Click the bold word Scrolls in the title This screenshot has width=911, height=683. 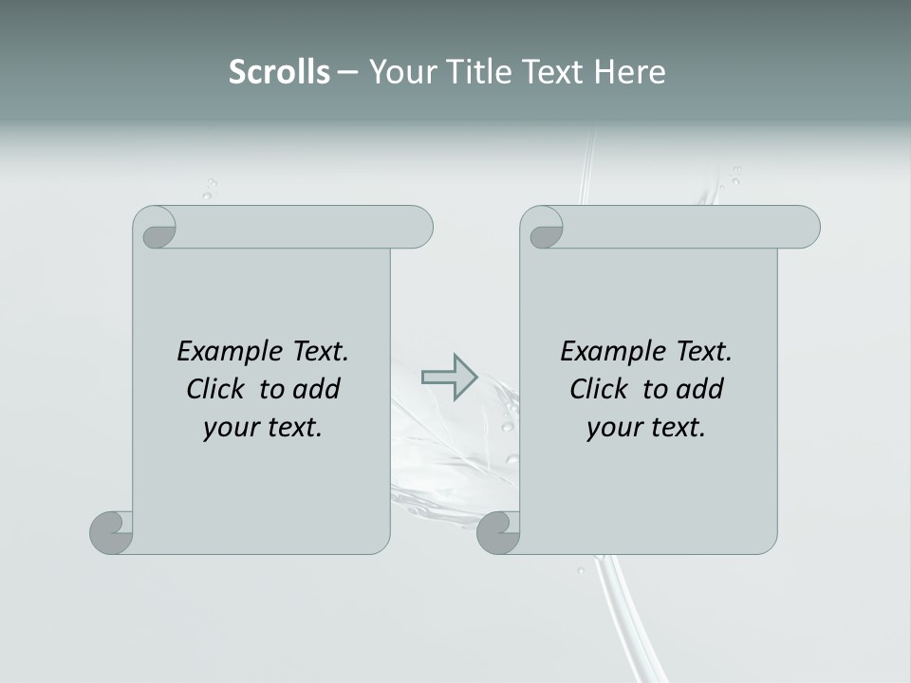tap(280, 72)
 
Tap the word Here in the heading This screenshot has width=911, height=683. tap(629, 72)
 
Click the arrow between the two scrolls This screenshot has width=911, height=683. tap(449, 377)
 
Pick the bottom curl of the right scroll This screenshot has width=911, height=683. tap(498, 532)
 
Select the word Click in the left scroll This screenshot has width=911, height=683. tap(216, 389)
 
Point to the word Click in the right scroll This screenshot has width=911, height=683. tap(600, 389)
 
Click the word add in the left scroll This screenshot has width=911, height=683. tap(317, 389)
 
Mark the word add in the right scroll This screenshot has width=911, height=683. tap(700, 389)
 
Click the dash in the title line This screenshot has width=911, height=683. tap(348, 73)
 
